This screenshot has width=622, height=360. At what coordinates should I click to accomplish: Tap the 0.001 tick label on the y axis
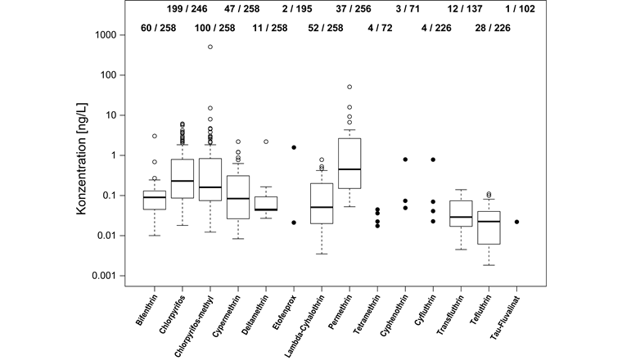point(111,276)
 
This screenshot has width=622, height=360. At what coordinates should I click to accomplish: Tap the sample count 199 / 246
point(187,10)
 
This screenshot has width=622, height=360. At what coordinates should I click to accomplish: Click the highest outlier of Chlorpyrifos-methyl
point(210,47)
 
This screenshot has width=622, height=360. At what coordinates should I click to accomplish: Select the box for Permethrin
point(349,163)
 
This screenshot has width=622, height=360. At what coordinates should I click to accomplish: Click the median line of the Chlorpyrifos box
point(182,181)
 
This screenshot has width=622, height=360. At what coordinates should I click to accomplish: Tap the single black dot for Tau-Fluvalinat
point(517,222)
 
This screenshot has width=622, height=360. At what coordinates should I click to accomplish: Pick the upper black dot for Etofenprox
point(294,147)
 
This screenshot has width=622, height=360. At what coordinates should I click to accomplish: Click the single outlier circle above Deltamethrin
point(266,142)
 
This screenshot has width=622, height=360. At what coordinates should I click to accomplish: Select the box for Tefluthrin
point(489,227)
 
